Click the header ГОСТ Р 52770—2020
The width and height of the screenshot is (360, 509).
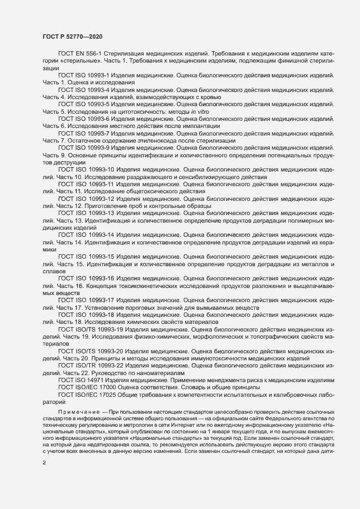click(71, 36)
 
